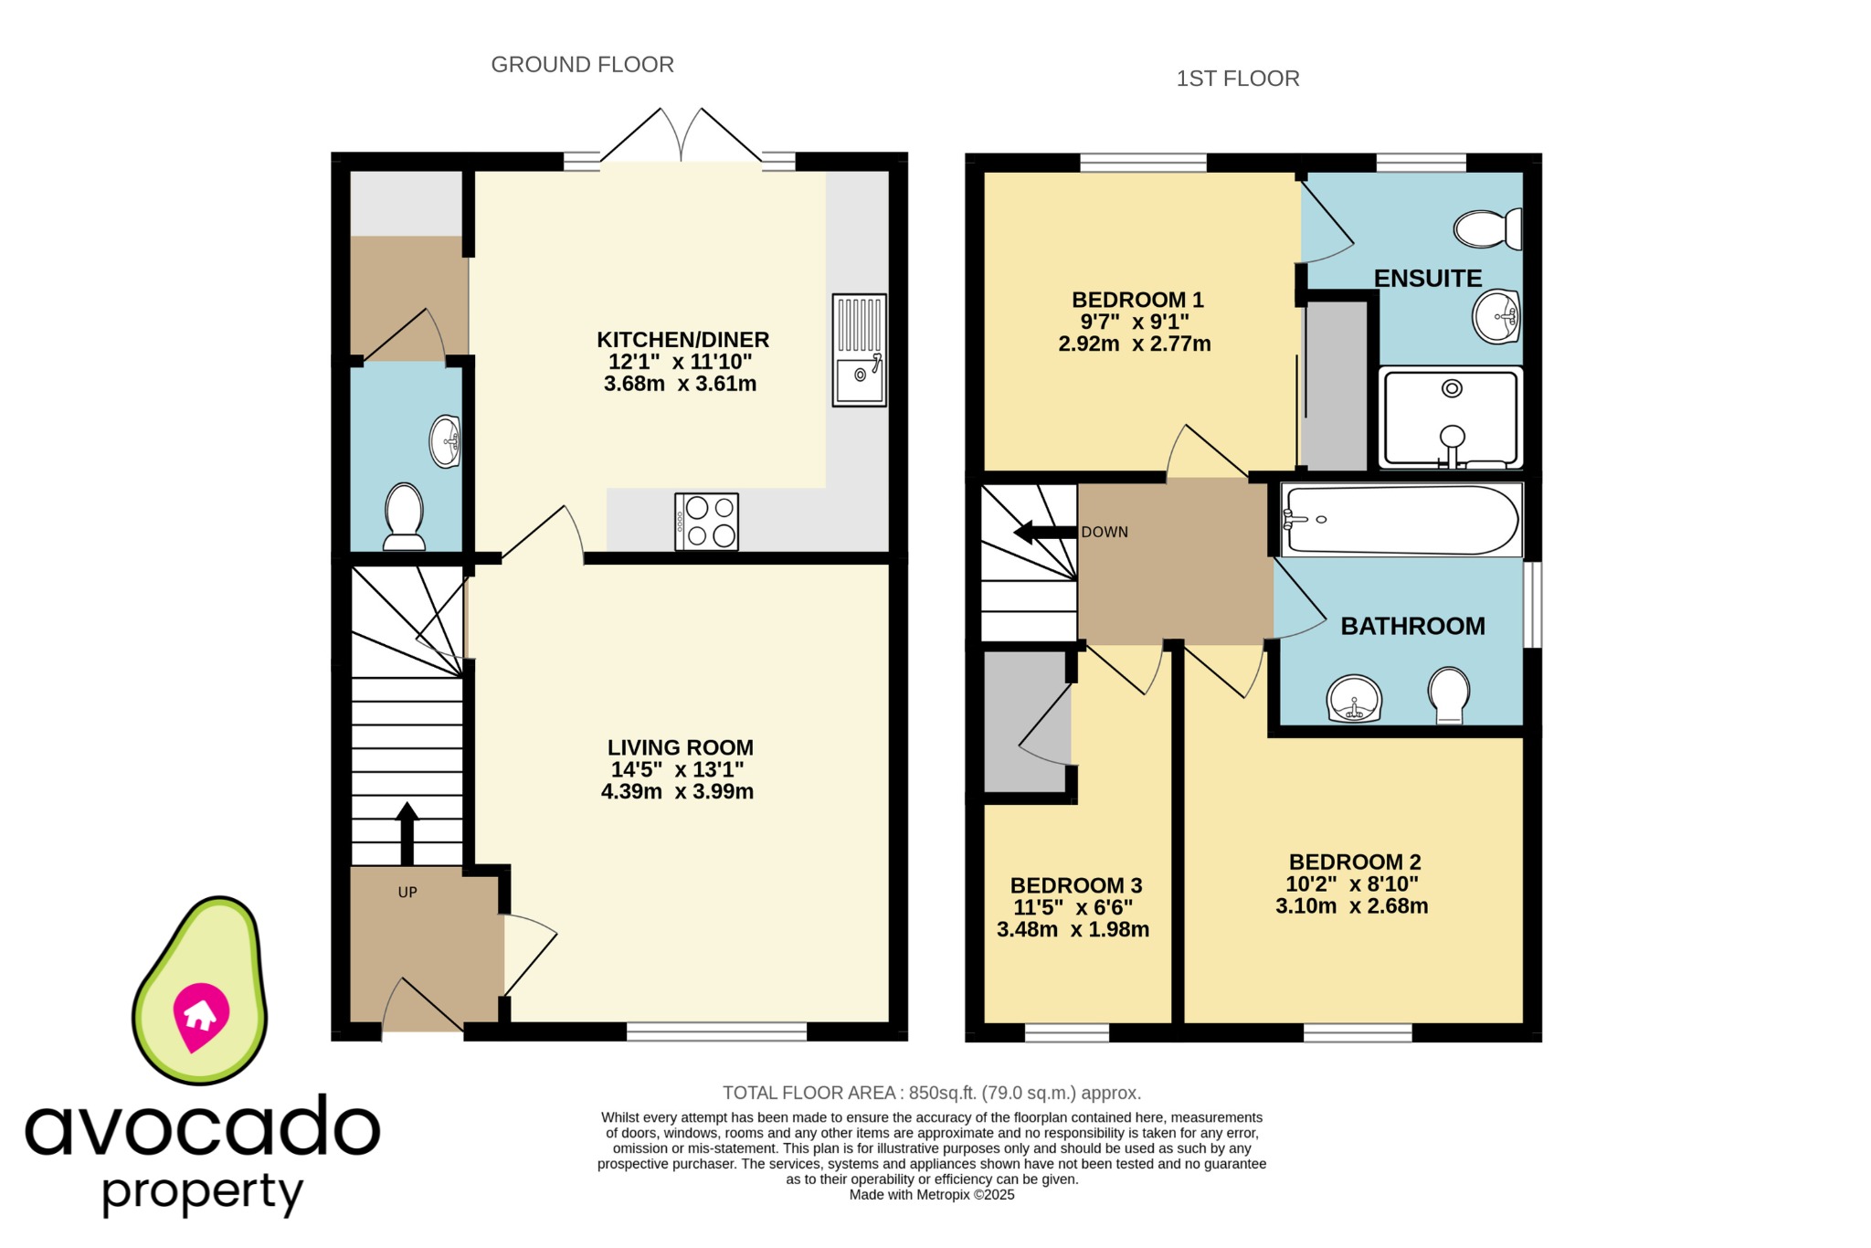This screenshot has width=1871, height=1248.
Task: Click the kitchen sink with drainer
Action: tap(859, 350)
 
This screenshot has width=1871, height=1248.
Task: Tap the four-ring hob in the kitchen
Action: tap(706, 522)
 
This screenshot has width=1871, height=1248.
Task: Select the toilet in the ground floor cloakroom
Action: tap(404, 516)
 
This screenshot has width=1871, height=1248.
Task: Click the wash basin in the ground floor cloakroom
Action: tap(445, 441)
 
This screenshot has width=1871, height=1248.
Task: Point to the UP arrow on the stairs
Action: tap(407, 832)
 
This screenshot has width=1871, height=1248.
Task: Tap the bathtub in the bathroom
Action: tap(1401, 520)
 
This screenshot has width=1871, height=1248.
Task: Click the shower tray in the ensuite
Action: tap(1451, 418)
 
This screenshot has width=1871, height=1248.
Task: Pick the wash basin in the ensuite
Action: tap(1496, 317)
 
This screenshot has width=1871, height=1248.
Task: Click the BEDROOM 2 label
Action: tap(1354, 862)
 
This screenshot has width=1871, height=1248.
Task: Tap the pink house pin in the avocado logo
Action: tap(200, 1015)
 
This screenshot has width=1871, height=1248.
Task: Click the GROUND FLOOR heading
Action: tap(582, 65)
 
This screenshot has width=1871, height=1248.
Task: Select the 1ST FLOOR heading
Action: tap(1237, 79)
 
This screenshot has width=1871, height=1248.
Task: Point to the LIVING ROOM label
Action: tap(680, 747)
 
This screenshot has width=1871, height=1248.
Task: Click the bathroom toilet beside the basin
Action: tap(1449, 694)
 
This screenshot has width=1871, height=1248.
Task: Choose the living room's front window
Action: tap(716, 1031)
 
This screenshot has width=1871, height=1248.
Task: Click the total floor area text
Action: tap(931, 1093)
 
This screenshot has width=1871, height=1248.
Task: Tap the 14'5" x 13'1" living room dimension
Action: tap(677, 769)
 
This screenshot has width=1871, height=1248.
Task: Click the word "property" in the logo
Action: tap(202, 1191)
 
